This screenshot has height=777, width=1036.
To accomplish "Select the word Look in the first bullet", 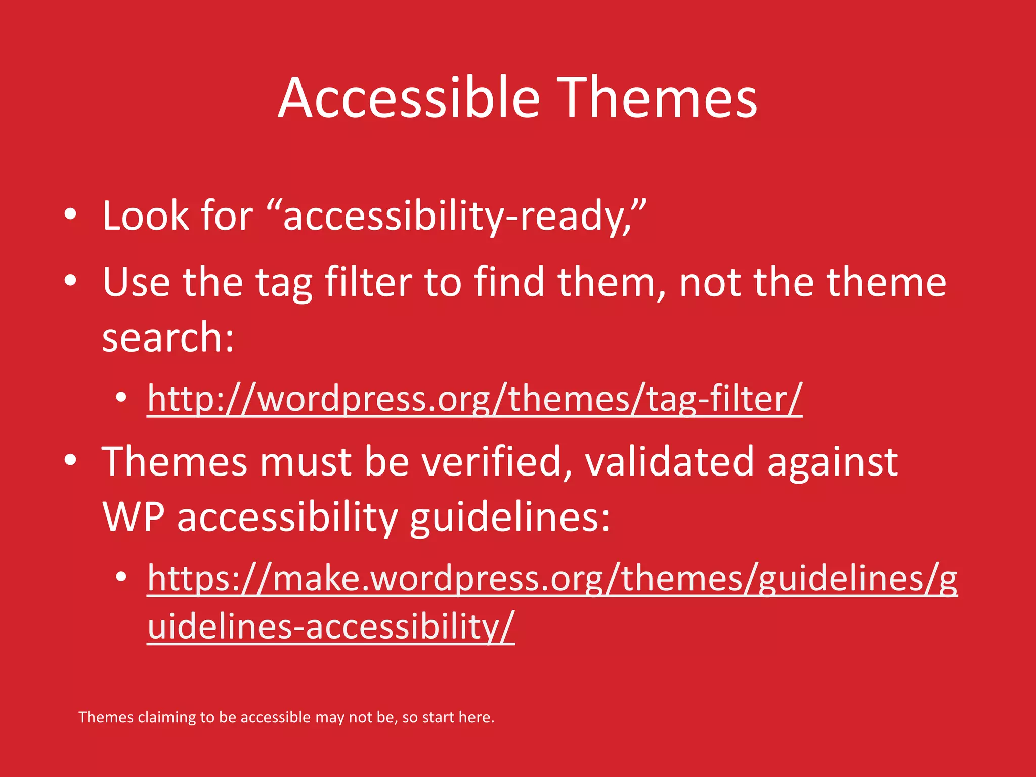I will coord(146,215).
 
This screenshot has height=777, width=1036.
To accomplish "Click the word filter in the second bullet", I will coord(368,282).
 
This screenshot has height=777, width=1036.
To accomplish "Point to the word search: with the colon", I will coord(168,337).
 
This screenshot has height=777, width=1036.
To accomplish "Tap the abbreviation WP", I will coord(133,517).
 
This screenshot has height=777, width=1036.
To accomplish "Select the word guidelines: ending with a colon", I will coord(509,518).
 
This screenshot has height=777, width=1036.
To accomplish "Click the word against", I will coord(832,462).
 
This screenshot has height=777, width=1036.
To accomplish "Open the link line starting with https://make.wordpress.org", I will coord(552,578).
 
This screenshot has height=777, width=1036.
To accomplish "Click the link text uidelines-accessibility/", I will coord(331,626).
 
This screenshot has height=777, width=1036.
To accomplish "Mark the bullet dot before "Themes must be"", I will coord(70,460).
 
